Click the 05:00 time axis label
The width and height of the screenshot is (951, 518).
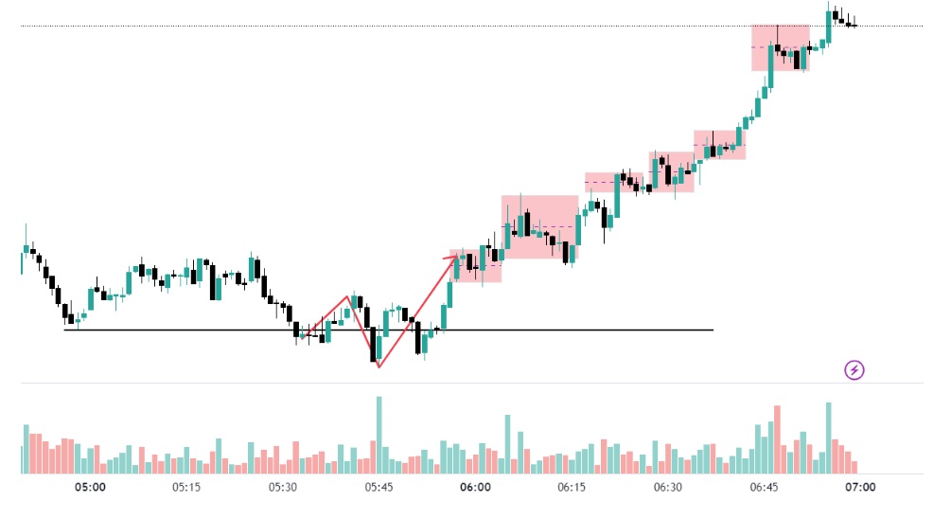point(90,488)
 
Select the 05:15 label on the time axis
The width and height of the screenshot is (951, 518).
point(186,488)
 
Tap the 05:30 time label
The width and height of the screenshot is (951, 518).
point(283,488)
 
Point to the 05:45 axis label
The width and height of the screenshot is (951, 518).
point(379,488)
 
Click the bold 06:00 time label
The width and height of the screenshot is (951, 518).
point(475,488)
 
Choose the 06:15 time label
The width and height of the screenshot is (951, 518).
point(572,488)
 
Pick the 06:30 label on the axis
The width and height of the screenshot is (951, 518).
point(668,488)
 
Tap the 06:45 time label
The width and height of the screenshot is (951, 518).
point(764,488)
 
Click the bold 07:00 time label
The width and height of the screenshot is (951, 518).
point(860,488)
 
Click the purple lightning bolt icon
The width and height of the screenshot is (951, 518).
point(854,369)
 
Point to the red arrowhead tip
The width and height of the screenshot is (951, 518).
point(457,255)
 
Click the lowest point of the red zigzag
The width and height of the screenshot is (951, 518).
point(379,366)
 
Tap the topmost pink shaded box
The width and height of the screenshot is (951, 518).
point(781,47)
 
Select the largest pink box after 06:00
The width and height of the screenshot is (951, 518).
point(539,227)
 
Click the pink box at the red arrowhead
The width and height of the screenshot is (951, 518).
point(478,266)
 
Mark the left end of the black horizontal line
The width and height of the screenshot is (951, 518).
point(64,330)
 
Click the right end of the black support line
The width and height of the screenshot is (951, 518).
point(713,330)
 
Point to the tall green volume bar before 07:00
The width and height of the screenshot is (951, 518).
point(828,438)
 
